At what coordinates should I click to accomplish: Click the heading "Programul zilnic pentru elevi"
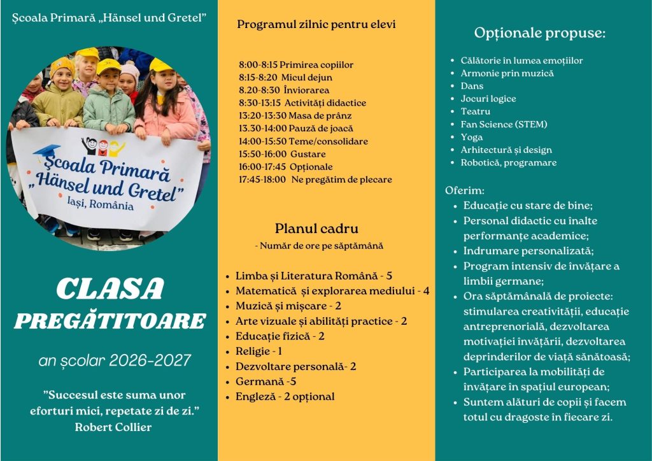pos(316,25)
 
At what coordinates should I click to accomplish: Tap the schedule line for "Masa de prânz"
pos(295,116)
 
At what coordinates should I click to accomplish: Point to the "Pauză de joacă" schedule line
pos(296,129)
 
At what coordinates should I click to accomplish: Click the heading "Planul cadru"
pos(316,229)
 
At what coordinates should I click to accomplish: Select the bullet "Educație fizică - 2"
pos(280,336)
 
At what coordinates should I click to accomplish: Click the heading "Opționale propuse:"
pos(539,33)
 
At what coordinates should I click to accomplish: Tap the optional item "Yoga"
pos(472,137)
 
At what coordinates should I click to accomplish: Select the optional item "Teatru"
pos(476,111)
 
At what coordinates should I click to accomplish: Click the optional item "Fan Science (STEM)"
pos(504,124)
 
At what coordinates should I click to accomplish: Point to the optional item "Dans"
pos(472,86)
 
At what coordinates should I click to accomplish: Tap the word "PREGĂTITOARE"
pos(110,321)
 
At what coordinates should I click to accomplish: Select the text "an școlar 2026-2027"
pos(115,361)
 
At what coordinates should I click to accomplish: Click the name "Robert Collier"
pos(113,427)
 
